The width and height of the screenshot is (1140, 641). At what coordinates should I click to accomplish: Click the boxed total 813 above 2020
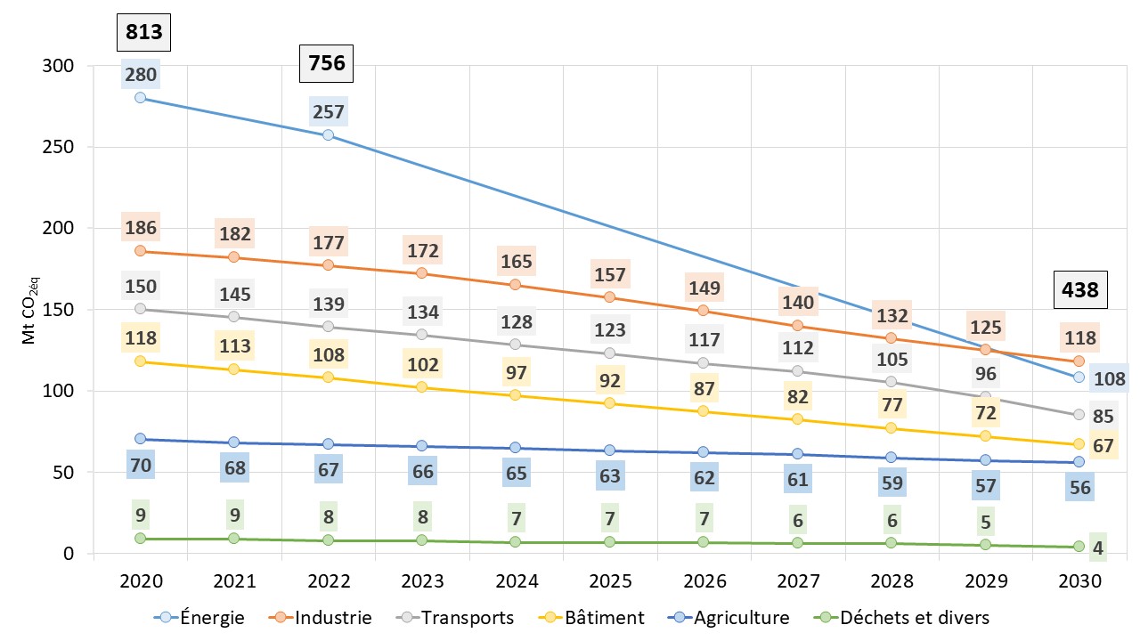click(143, 34)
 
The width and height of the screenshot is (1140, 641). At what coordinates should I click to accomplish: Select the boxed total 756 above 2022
click(327, 63)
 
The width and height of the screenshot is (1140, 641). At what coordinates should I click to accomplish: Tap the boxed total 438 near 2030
click(1079, 289)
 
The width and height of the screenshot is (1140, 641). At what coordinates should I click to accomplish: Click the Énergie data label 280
click(141, 74)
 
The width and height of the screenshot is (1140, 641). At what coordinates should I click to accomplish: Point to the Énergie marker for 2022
click(328, 135)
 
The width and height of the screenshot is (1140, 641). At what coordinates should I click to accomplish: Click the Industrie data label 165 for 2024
click(517, 262)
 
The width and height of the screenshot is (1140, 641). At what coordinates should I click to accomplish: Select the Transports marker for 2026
click(704, 363)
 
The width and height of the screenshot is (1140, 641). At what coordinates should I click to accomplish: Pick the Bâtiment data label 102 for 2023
click(423, 364)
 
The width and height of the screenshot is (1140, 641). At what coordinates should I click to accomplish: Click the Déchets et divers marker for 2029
click(986, 545)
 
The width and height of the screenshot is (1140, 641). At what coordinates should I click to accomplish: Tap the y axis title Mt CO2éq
click(28, 309)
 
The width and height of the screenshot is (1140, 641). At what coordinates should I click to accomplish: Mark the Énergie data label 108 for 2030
click(1110, 378)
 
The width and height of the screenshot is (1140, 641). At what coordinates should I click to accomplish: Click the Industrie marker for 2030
click(1079, 361)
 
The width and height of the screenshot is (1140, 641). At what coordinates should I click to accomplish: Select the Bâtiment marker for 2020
click(141, 361)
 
